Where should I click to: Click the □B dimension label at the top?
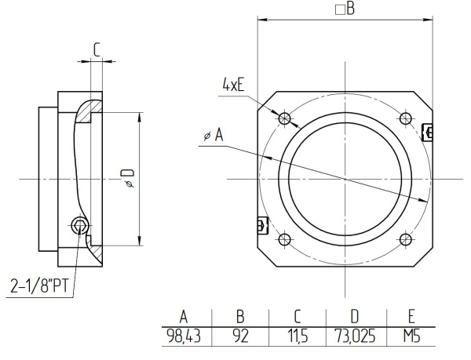point(345,9)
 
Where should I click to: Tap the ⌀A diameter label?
point(213,136)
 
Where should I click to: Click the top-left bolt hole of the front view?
point(285,118)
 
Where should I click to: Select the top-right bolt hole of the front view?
point(405,118)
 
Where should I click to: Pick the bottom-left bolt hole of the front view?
point(285,239)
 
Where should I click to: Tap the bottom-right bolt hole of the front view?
point(405,239)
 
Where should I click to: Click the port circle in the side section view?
point(79,226)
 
